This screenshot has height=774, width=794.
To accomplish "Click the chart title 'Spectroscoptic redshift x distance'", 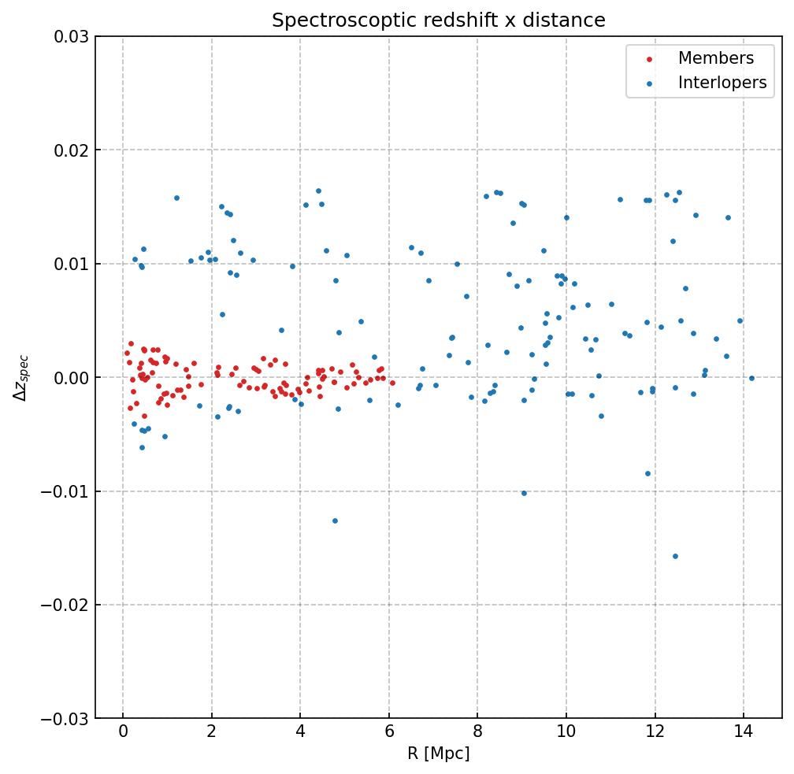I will tap(439, 20).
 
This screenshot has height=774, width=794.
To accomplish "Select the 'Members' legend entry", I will tap(715, 58).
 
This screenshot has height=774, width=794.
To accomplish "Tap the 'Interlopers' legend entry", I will tap(722, 83).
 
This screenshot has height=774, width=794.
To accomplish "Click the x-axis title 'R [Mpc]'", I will tap(439, 754).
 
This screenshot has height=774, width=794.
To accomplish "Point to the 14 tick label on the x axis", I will tap(743, 732).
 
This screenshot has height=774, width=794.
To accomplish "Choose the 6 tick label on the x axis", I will tap(389, 732).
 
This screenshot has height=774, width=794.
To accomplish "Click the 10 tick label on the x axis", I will tap(566, 732).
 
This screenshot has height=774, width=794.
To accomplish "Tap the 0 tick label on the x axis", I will tap(123, 732).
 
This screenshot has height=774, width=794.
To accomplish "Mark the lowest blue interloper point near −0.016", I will tap(675, 556).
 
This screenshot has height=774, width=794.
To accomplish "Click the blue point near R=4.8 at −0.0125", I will tap(335, 520).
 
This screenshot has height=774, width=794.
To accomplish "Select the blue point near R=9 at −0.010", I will tap(524, 493).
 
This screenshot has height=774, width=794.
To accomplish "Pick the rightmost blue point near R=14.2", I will tap(751, 378).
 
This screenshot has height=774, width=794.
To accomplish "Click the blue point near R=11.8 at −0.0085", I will tap(647, 473).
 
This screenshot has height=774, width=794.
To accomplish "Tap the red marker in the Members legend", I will tap(650, 59).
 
